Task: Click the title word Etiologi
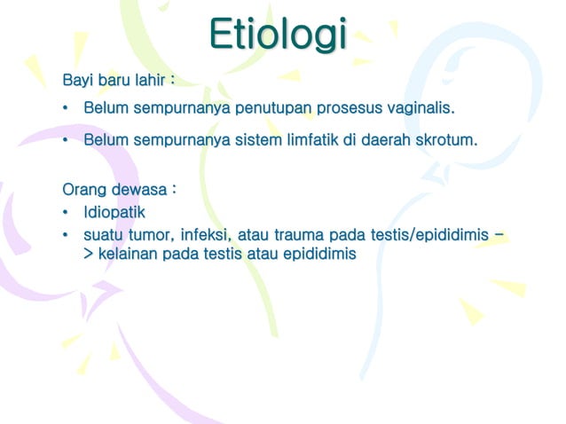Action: [279, 35]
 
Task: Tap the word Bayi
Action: [77, 82]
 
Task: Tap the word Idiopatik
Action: [114, 213]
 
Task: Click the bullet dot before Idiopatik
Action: [66, 214]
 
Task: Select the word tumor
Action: [151, 235]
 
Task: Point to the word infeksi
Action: [206, 235]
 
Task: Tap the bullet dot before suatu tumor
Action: [66, 236]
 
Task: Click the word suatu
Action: [103, 235]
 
